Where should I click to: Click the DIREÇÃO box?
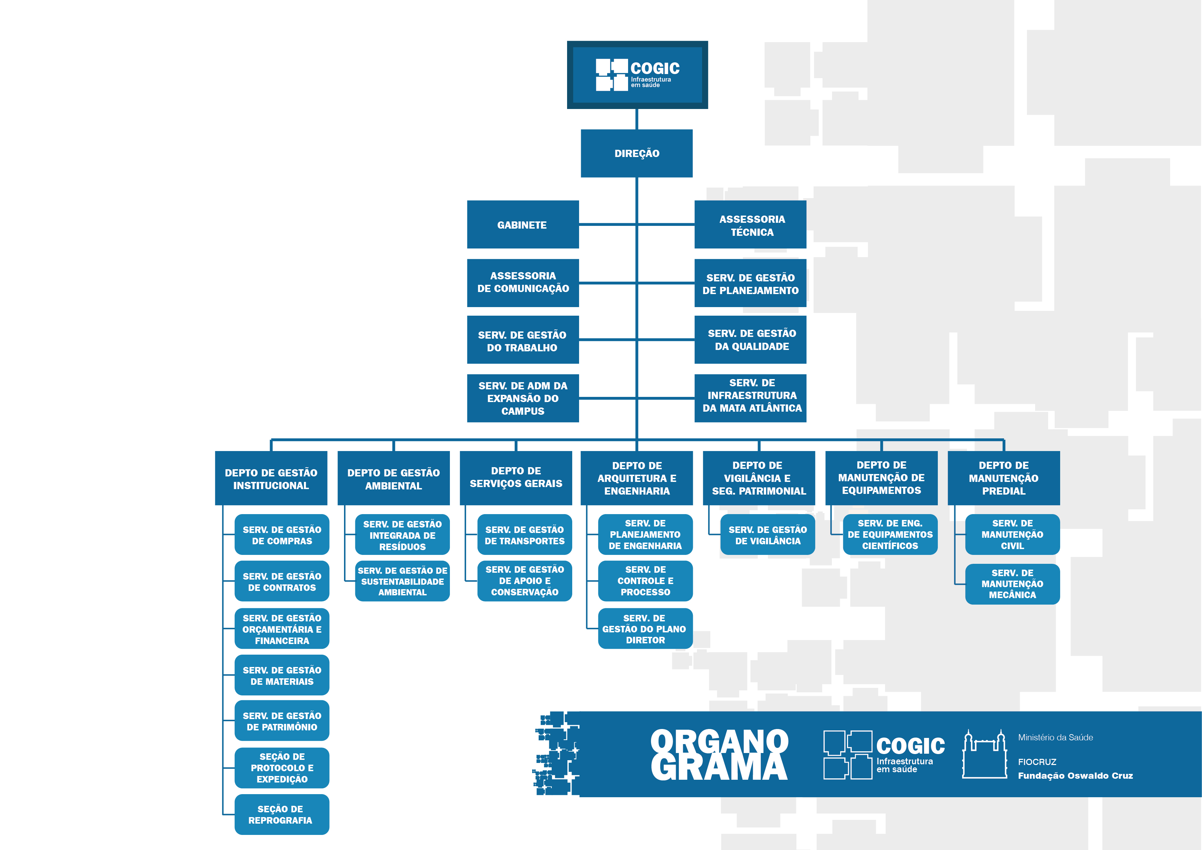[x=637, y=154]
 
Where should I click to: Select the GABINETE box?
[x=523, y=225]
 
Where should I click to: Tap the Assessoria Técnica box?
[x=750, y=225]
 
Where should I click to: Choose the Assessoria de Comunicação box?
[x=523, y=283]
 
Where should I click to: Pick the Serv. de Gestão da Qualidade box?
[x=750, y=339]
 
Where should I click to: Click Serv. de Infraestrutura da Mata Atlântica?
[x=750, y=398]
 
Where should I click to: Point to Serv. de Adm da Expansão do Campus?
[x=523, y=398]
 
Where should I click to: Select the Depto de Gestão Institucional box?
[x=271, y=478]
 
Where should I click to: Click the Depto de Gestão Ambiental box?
[x=394, y=478]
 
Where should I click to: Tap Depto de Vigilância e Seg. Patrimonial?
[x=759, y=478]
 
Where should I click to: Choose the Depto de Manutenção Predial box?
[x=1004, y=478]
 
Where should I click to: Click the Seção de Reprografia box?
[x=282, y=814]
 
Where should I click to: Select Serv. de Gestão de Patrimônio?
[x=282, y=721]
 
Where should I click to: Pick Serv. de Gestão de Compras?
[x=282, y=535]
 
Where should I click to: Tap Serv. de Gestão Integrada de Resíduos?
[x=402, y=535]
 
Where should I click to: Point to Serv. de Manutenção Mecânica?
[x=1013, y=584]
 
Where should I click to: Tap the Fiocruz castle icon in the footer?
[x=985, y=754]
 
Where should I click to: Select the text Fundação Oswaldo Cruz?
[x=1075, y=776]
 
